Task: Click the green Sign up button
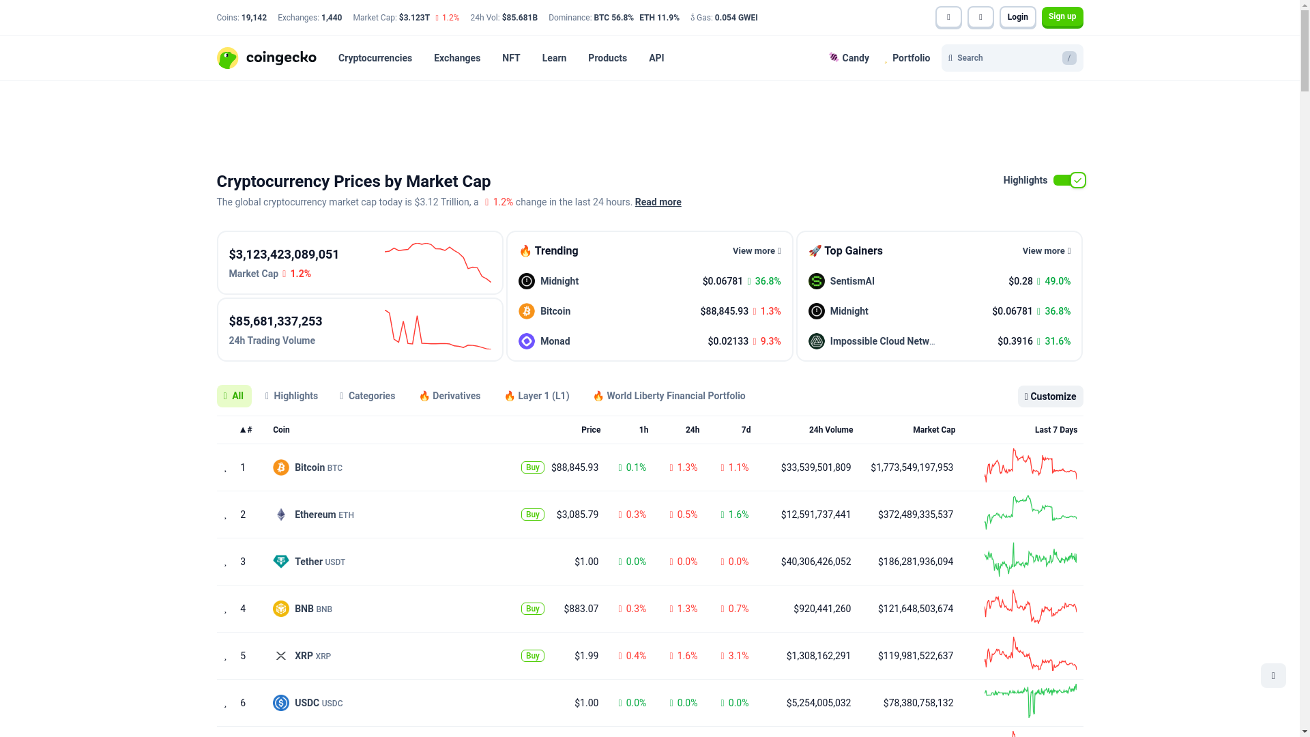point(1062,17)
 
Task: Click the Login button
point(1017,17)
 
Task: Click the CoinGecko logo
point(266,58)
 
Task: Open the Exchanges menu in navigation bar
point(456,58)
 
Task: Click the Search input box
point(1006,58)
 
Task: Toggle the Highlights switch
point(1068,180)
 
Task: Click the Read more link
point(658,202)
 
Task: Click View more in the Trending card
point(756,251)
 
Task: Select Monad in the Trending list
point(555,341)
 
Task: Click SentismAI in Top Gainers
point(851,281)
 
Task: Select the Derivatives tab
point(450,396)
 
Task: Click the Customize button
point(1050,396)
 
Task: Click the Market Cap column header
point(933,430)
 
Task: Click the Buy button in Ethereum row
point(532,515)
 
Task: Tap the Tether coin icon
point(280,562)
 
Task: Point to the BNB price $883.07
point(581,609)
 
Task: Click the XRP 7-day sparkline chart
point(1030,655)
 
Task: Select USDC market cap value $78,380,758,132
point(918,703)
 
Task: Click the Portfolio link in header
point(910,58)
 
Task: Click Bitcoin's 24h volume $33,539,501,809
point(815,467)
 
